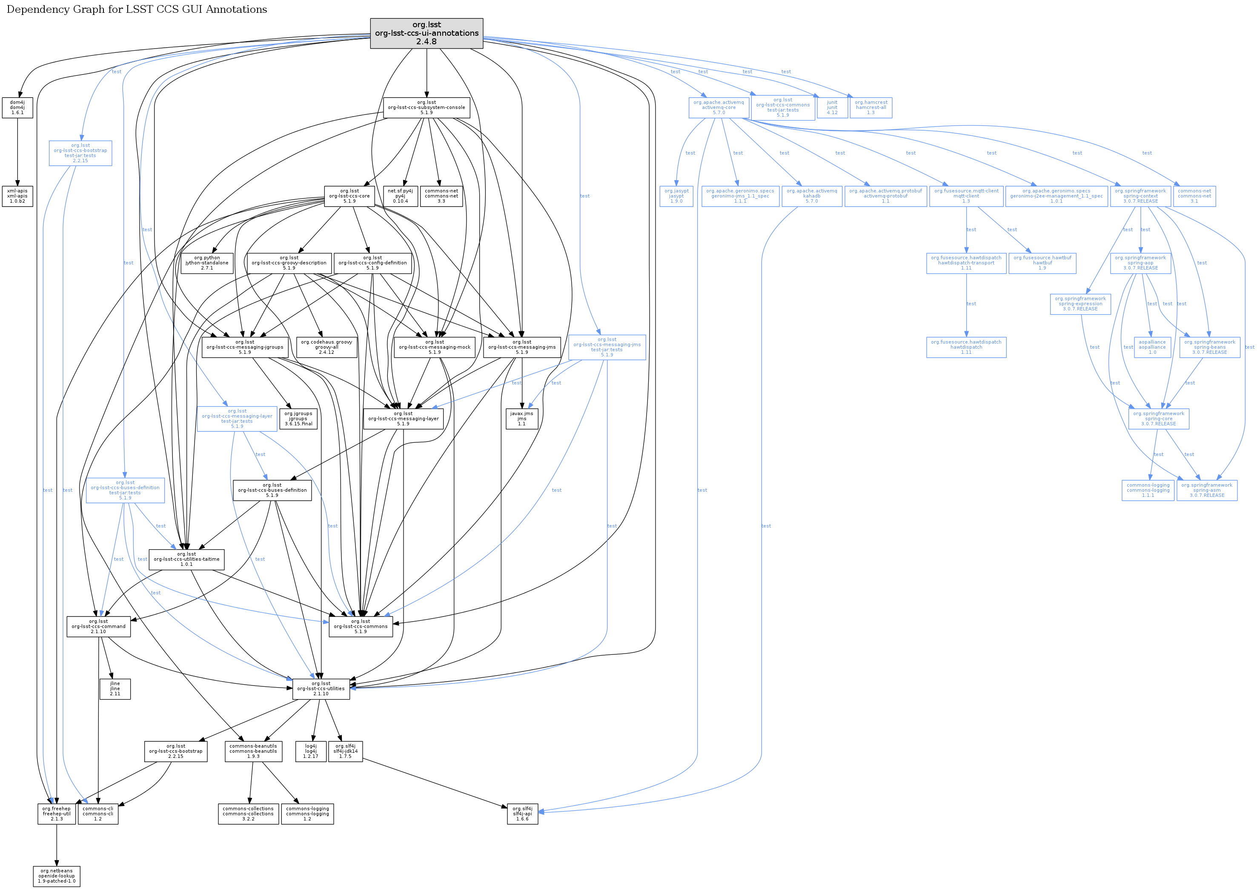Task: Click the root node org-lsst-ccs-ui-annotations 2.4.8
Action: tap(427, 33)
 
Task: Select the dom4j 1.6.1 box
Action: tap(17, 107)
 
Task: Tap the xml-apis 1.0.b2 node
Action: tap(17, 196)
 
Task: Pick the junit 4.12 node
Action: tap(832, 107)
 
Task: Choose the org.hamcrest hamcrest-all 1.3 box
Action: tap(870, 107)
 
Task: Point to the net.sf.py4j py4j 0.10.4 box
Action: tap(400, 196)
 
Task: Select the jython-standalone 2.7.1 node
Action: tap(207, 263)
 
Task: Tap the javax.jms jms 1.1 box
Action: tap(522, 419)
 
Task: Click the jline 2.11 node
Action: tap(115, 688)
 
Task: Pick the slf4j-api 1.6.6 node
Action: tap(522, 813)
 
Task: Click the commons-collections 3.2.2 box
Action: tap(248, 813)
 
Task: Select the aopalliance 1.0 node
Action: tap(1152, 347)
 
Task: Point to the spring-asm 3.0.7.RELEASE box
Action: tap(1207, 490)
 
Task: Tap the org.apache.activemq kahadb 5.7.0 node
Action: tap(811, 196)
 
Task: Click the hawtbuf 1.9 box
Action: tap(1042, 263)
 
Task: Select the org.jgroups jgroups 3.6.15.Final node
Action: tap(298, 419)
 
